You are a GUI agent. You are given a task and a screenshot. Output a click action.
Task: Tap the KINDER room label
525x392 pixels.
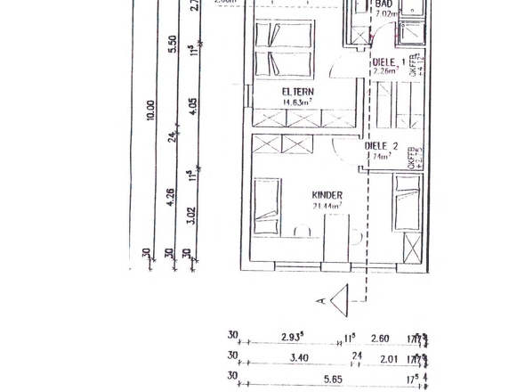tap(327, 194)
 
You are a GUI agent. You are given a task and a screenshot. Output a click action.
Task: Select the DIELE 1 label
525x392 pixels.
tap(387, 61)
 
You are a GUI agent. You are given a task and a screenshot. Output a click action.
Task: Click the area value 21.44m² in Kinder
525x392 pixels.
tap(327, 205)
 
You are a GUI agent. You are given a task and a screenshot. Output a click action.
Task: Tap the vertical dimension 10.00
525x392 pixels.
tap(150, 110)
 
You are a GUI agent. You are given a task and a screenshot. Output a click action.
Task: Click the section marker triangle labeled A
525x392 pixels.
tap(339, 300)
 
